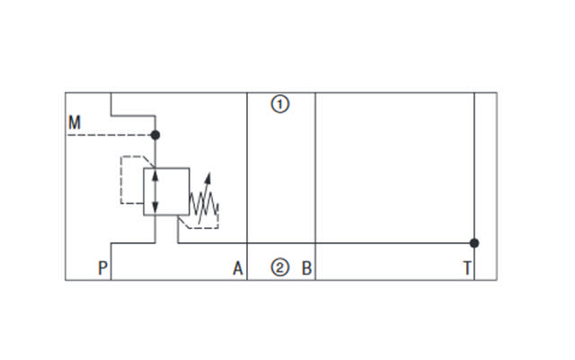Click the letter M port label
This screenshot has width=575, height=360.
[74, 121]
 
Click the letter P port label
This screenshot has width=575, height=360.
[102, 267]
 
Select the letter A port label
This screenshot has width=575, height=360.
[238, 267]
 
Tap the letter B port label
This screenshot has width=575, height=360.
[306, 267]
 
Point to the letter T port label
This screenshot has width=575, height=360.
[467, 267]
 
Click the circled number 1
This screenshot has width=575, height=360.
[281, 105]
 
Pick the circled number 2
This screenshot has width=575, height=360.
[281, 267]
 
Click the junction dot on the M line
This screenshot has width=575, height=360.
[155, 135]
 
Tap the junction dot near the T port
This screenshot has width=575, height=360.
[474, 242]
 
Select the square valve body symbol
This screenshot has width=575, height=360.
[166, 191]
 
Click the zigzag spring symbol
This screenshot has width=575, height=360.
[203, 207]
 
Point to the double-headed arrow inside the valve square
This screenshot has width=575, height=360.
[155, 191]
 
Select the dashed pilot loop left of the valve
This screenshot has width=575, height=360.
[122, 180]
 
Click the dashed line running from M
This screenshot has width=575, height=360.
[108, 135]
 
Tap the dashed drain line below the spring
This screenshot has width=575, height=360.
[199, 227]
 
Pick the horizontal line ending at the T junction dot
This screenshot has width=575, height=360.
[395, 242]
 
